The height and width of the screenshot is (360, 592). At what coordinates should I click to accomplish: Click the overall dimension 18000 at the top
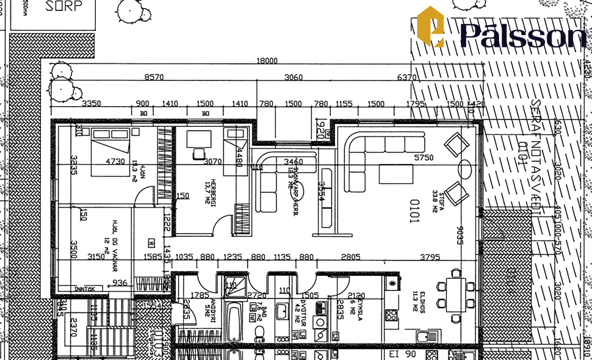coord(267,60)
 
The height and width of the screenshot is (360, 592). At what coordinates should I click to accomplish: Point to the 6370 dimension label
coord(406,77)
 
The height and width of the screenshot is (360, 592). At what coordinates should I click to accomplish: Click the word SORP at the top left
coord(63,7)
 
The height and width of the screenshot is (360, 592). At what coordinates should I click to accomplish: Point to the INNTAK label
coord(85,289)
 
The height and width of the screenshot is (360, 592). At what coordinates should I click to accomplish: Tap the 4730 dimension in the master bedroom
coord(115,162)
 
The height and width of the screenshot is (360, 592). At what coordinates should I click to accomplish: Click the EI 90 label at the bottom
coord(402,354)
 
